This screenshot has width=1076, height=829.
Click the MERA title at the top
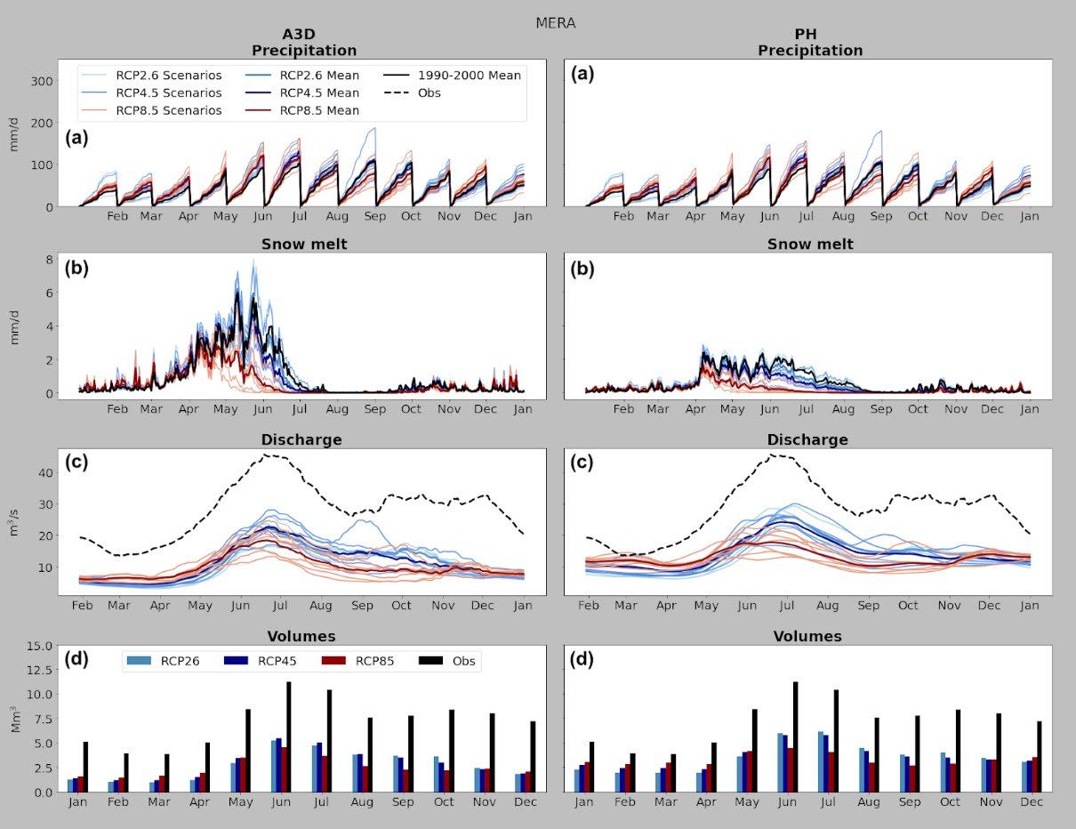tap(555, 23)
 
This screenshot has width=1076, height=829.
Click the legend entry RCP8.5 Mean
tap(319, 111)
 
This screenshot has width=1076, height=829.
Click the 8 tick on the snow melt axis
tap(49, 259)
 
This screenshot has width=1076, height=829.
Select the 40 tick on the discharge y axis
tap(44, 472)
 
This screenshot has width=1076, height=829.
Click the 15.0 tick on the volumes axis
tap(37, 646)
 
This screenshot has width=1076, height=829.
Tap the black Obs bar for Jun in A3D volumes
tap(288, 736)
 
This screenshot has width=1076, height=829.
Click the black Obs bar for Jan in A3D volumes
tap(85, 767)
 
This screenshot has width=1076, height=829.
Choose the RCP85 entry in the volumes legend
tap(374, 661)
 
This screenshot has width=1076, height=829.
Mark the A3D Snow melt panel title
tap(304, 244)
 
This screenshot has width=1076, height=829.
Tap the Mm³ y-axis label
tap(14, 719)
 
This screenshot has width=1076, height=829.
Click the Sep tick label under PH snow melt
tap(880, 409)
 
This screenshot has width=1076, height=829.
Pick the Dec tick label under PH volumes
tap(1032, 801)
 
